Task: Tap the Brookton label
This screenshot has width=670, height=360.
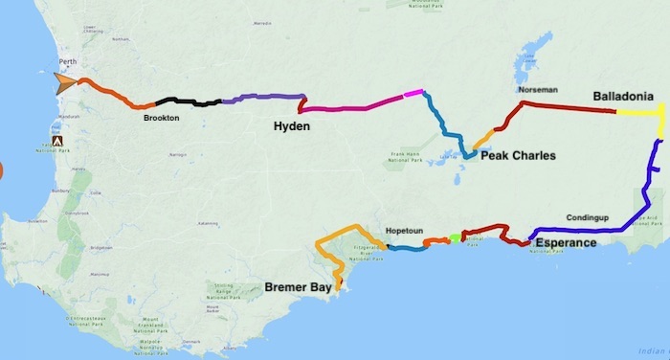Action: coord(161,118)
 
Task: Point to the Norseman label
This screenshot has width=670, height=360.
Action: coord(537,90)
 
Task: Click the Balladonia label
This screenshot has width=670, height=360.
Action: coord(623,97)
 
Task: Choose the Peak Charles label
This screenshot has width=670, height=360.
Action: coord(518,155)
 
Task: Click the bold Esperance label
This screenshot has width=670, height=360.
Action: coord(565,243)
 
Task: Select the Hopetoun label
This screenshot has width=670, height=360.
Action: coord(403,231)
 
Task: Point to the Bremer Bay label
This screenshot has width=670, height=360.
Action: coord(298,286)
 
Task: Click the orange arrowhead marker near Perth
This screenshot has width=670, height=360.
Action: coord(65,83)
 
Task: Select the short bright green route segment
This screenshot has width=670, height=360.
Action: coord(455,236)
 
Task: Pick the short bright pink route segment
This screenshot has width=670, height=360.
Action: coord(413,93)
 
